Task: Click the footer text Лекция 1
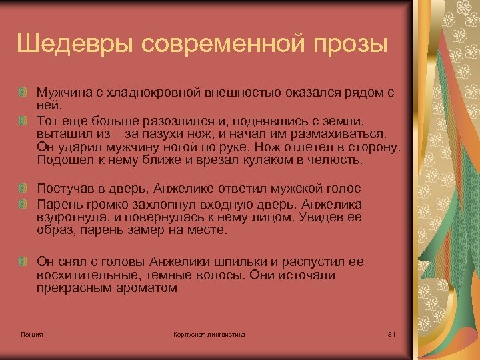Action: coord(35,334)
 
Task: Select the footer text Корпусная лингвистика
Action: coord(209,334)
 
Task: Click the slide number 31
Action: coord(391,334)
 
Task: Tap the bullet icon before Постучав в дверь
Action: coord(24,190)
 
